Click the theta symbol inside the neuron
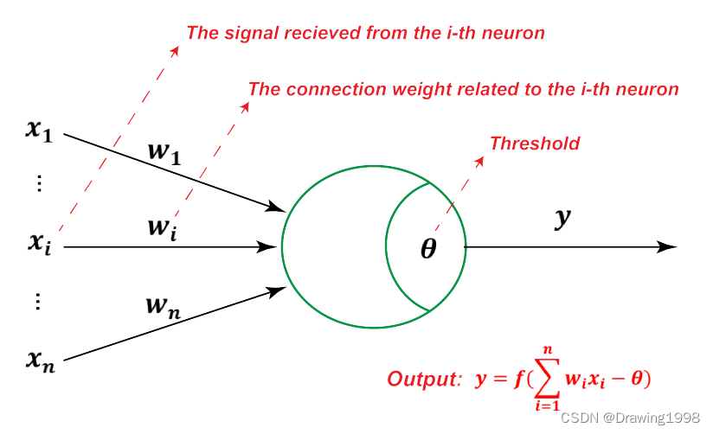(x=428, y=249)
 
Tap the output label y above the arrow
(x=563, y=218)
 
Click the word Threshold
(x=535, y=144)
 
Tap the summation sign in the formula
(x=546, y=378)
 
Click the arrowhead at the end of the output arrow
(x=667, y=246)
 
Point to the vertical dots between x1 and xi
(x=38, y=184)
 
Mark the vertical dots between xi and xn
(x=38, y=302)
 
